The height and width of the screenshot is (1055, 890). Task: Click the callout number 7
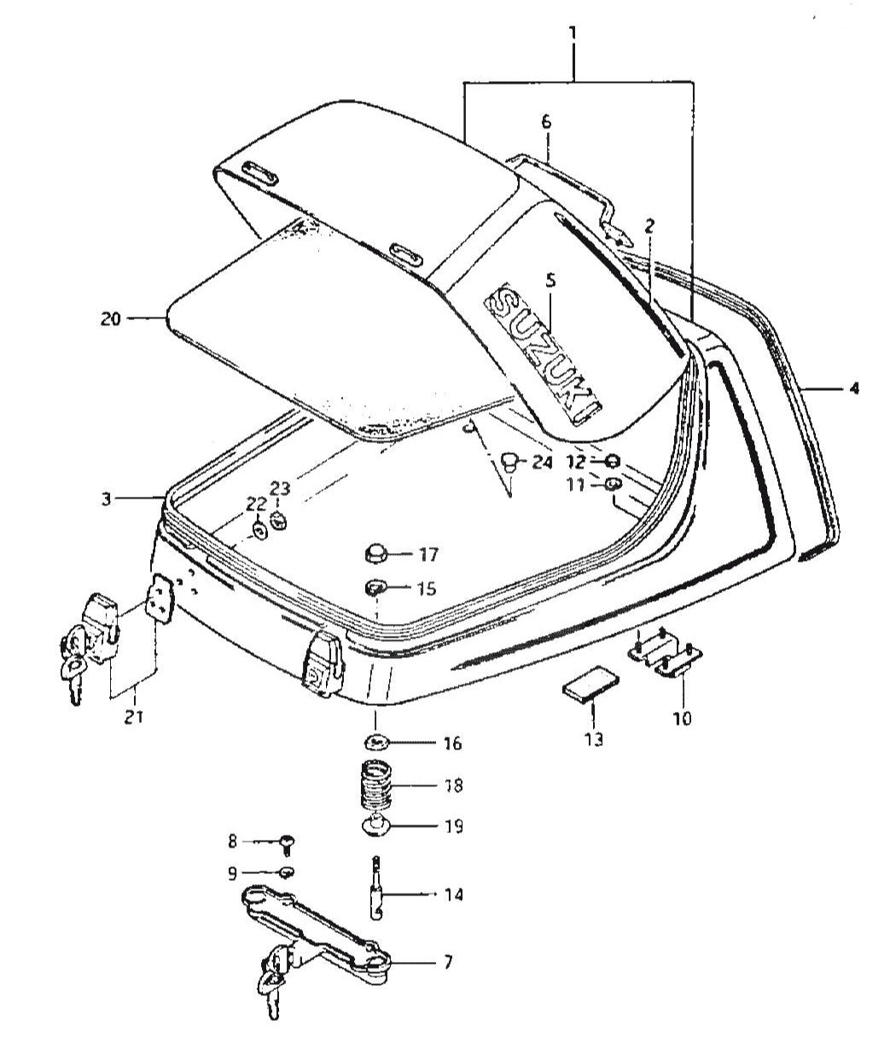point(448,963)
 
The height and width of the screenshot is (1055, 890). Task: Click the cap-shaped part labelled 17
point(375,553)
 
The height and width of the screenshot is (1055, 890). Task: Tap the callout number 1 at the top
point(573,35)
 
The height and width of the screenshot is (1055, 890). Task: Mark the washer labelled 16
point(375,740)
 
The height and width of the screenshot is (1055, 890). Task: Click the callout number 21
point(133,716)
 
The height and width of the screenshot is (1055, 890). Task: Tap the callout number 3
point(106,498)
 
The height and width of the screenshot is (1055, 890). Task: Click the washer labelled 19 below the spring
point(376,825)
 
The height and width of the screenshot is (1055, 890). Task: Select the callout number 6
point(546,122)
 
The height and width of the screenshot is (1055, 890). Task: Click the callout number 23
point(281,488)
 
